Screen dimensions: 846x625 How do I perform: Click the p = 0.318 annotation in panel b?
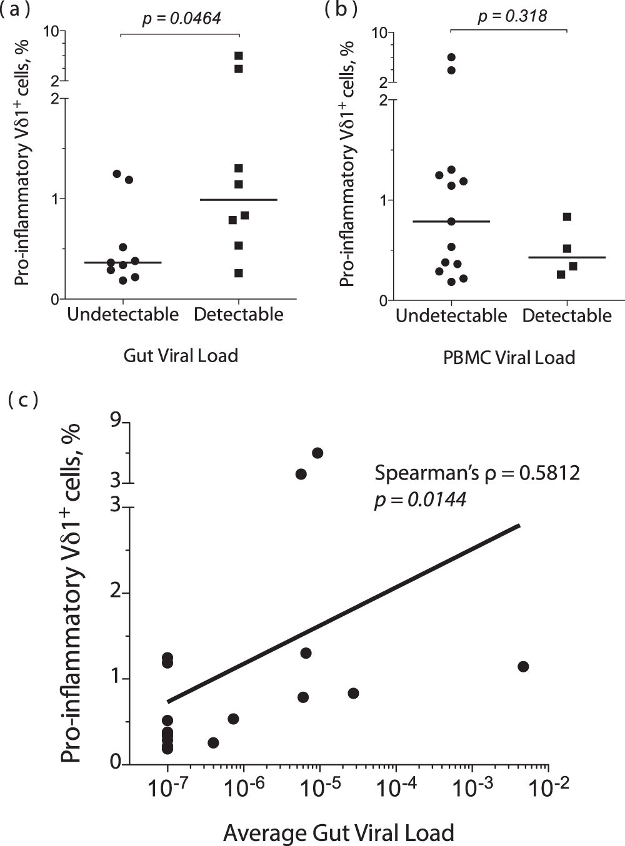point(512,16)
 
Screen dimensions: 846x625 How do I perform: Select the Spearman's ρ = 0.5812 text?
point(477,473)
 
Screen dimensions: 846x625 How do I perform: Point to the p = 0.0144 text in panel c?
point(420,499)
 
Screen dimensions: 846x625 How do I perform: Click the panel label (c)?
point(23,400)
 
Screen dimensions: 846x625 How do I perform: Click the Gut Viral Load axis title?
point(181,355)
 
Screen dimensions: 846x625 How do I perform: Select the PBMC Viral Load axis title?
point(509,357)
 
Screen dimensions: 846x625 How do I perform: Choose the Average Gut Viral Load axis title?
point(338,833)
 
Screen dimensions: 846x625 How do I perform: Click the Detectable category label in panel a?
point(238,314)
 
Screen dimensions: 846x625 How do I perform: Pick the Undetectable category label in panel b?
point(451,315)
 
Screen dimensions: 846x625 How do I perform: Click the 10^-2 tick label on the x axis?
point(549,788)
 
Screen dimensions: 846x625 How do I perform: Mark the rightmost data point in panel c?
point(523,666)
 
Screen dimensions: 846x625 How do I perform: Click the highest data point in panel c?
point(317,453)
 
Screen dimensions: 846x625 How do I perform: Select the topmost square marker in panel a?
point(238,56)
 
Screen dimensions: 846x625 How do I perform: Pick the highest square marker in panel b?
point(567,217)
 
